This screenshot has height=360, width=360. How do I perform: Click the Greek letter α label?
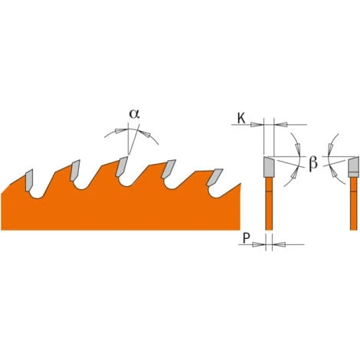pos(134,114)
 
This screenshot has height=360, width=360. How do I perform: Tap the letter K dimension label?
pos(241,119)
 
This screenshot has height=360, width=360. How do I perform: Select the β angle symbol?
pos(313,163)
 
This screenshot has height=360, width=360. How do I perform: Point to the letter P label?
pos(246,238)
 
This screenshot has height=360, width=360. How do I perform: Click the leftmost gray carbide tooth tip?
pos(29,180)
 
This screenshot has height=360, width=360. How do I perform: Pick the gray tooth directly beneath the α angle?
pos(122,166)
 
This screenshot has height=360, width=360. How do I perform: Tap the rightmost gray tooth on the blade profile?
pos(214,177)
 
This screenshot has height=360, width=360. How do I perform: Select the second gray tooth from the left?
pos(75,170)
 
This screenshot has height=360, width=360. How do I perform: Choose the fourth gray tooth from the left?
pos(169,169)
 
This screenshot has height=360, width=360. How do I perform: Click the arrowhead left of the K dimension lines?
pos(257,125)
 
